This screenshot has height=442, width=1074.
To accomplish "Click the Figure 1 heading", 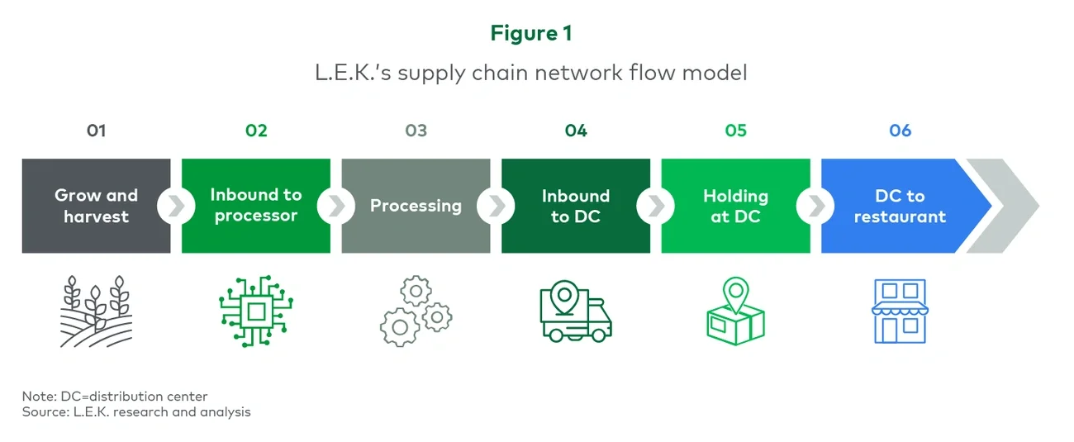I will point(531,33).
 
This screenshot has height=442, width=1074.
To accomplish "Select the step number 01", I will point(96,131).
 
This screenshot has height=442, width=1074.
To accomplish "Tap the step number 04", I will point(576,131).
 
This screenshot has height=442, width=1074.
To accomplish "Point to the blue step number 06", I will point(900,131).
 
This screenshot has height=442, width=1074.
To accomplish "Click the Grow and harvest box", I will point(96,206).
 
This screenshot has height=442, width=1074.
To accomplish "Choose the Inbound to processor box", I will point(256,206).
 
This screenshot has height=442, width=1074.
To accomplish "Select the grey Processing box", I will point(416,206).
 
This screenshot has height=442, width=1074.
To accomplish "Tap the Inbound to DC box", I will point(576,206).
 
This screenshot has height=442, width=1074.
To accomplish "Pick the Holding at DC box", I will point(735,206).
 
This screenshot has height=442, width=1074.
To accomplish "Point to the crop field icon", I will point(96,311).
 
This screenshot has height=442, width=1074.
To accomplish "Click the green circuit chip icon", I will point(256,311).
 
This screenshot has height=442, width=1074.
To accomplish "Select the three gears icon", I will point(416,311).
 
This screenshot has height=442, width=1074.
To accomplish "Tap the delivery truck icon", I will point(576,311).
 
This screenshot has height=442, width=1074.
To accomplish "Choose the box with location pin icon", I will point(735,311).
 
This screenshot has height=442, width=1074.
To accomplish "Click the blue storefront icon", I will point(900,311).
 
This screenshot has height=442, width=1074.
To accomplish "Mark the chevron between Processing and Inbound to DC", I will point(496,206).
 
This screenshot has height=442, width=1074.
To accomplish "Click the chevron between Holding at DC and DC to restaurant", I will point(815,206).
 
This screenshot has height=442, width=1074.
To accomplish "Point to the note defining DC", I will point(115,397).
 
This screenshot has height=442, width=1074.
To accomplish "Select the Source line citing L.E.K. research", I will point(136,411).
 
